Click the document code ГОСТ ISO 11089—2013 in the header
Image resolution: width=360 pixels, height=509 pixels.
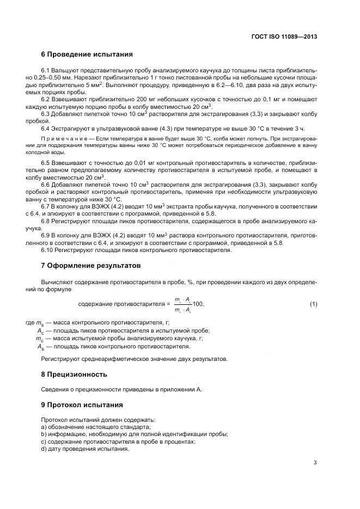pos(284,36)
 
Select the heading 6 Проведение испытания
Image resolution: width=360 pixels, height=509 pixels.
pos(87,54)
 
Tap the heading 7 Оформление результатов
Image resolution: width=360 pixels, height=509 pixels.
pos(91,266)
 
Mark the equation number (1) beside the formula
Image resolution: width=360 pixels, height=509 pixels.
pos(313,303)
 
